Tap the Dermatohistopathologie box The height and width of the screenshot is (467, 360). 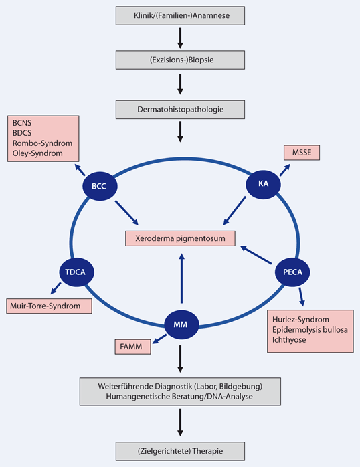[x=180, y=107]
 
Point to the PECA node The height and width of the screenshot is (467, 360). [x=294, y=271]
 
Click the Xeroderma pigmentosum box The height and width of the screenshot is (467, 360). [x=180, y=238]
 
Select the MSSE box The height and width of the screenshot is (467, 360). [x=301, y=153]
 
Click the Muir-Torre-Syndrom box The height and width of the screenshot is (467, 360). [x=48, y=306]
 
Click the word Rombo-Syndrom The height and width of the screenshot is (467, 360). [x=41, y=143]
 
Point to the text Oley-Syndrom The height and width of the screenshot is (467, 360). [x=38, y=153]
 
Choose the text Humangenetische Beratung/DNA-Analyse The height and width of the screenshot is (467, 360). [x=180, y=397]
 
